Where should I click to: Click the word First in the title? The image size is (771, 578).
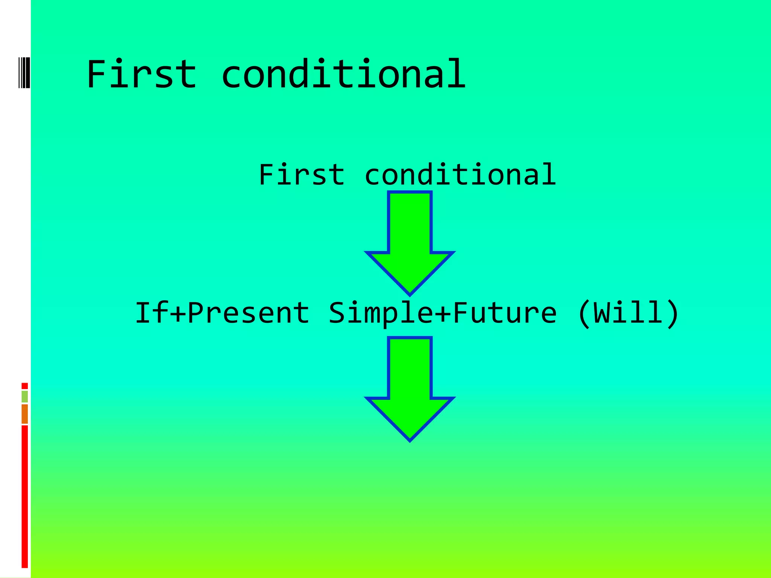pos(141,74)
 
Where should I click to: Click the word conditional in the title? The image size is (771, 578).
pos(343,74)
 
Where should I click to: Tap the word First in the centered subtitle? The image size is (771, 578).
pos(302,175)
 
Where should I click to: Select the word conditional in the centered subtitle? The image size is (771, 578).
pos(460,175)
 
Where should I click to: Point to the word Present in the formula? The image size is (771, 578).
pos(248,313)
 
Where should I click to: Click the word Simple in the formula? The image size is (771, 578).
pos(381,313)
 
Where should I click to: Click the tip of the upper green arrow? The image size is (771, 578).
pos(410,293)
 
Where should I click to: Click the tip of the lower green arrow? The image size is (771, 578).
pos(410,438)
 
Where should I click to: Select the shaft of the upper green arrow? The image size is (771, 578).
pos(410,222)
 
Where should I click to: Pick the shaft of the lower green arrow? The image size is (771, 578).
pos(410,367)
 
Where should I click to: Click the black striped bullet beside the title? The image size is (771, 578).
pos(24,72)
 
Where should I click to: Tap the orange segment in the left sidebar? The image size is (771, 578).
pos(24,414)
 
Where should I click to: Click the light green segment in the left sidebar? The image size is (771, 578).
pos(24,396)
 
